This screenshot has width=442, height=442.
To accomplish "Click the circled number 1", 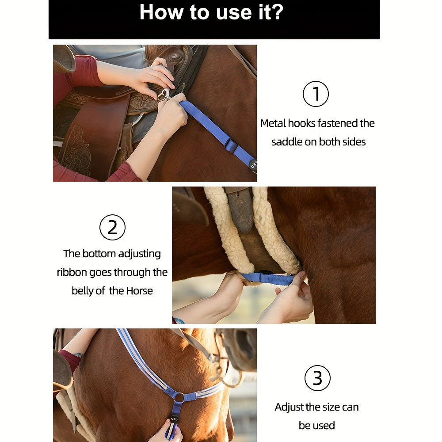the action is click(316, 94).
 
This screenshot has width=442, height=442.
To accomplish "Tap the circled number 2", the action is click(112, 227).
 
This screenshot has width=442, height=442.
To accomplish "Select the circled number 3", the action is click(317, 378).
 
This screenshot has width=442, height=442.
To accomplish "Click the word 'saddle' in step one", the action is click(287, 142).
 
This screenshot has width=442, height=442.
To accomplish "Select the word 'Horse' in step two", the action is click(139, 291).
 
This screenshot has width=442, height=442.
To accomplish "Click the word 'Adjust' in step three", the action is click(289, 408).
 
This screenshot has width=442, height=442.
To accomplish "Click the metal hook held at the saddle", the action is click(165, 95).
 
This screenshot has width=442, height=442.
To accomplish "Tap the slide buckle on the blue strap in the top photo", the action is click(231, 145).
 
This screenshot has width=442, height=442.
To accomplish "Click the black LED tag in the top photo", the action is click(253, 164).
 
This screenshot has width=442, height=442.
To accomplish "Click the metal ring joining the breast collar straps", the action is click(179, 397).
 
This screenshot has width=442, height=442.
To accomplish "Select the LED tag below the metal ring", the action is click(174, 420).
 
